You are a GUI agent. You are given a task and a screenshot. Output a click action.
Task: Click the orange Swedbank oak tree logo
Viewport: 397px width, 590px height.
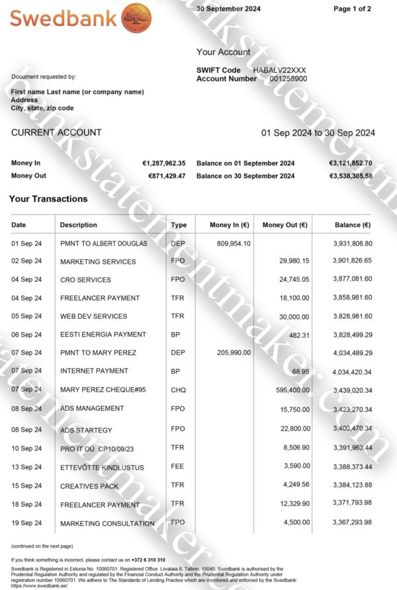pos(137,18)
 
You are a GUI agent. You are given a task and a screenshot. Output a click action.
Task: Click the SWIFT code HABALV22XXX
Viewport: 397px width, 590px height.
pos(279,70)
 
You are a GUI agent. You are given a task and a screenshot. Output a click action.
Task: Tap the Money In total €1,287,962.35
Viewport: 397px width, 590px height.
pos(163,163)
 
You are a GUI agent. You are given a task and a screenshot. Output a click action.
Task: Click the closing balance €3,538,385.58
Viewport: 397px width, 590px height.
pos(351,176)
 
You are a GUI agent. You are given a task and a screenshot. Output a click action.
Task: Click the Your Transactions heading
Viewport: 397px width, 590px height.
pos(48,198)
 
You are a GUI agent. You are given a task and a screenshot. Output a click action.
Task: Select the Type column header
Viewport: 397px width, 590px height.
pos(179,225)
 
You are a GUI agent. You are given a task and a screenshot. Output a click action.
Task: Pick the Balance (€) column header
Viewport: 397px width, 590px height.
pos(353,225)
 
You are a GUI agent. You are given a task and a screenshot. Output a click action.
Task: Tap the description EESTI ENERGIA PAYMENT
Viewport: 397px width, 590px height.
pos(103,335)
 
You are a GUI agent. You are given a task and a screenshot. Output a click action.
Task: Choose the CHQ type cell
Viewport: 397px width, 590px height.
pos(178,390)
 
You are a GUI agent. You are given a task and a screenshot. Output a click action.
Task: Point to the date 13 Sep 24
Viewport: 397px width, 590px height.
pos(26,468)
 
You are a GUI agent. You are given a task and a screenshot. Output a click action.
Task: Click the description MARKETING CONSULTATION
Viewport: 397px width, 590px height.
pos(107,524)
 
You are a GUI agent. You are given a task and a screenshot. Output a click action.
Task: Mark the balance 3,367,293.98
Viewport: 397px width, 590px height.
pos(352,523)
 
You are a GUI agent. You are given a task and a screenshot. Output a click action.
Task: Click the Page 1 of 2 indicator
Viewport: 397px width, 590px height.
pos(352,9)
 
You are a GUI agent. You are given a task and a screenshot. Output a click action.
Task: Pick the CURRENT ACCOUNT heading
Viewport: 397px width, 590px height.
pos(56,132)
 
